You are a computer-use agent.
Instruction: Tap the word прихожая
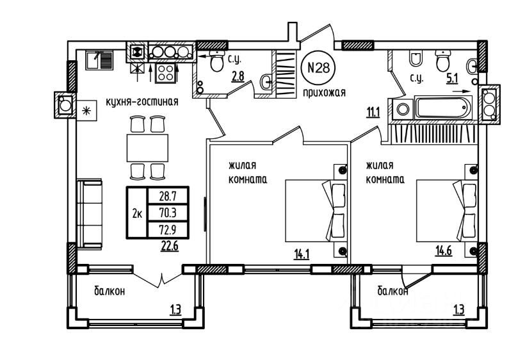coord(325,92)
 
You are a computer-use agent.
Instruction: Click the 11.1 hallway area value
coord(371,113)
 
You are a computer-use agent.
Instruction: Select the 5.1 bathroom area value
coord(452,79)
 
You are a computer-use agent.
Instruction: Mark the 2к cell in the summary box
coord(137,213)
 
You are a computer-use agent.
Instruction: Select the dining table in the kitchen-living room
coord(147,147)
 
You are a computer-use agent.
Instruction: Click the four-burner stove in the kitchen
coord(166,72)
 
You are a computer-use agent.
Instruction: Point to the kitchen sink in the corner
coord(99,61)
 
